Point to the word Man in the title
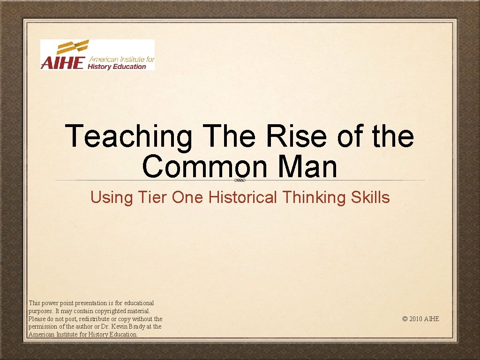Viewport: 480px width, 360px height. point(307,167)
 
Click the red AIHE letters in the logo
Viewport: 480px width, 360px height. point(62,63)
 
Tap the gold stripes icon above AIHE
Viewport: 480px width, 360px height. point(73,47)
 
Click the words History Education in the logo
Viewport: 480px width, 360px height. point(117,67)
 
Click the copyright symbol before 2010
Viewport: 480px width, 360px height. point(405,319)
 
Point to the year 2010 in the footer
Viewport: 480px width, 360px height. point(415,319)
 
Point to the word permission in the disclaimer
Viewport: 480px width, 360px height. point(44,327)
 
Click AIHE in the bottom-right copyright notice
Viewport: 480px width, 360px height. point(432,319)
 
